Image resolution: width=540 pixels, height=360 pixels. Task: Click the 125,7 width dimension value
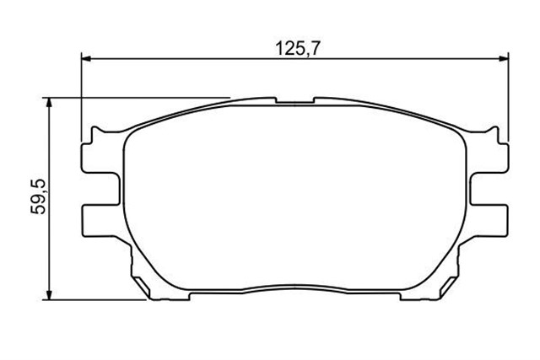click(298, 49)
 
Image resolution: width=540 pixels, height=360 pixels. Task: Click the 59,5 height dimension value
click(38, 196)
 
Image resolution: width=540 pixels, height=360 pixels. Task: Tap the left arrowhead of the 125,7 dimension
click(86, 59)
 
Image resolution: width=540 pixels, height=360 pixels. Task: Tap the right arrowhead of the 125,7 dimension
click(504, 59)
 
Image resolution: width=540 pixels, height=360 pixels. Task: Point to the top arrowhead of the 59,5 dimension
click(49, 103)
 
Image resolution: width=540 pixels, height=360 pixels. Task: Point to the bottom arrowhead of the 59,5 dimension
click(49, 295)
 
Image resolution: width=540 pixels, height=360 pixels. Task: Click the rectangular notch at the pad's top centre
click(295, 100)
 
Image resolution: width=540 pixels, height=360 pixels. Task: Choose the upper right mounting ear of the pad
click(489, 158)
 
